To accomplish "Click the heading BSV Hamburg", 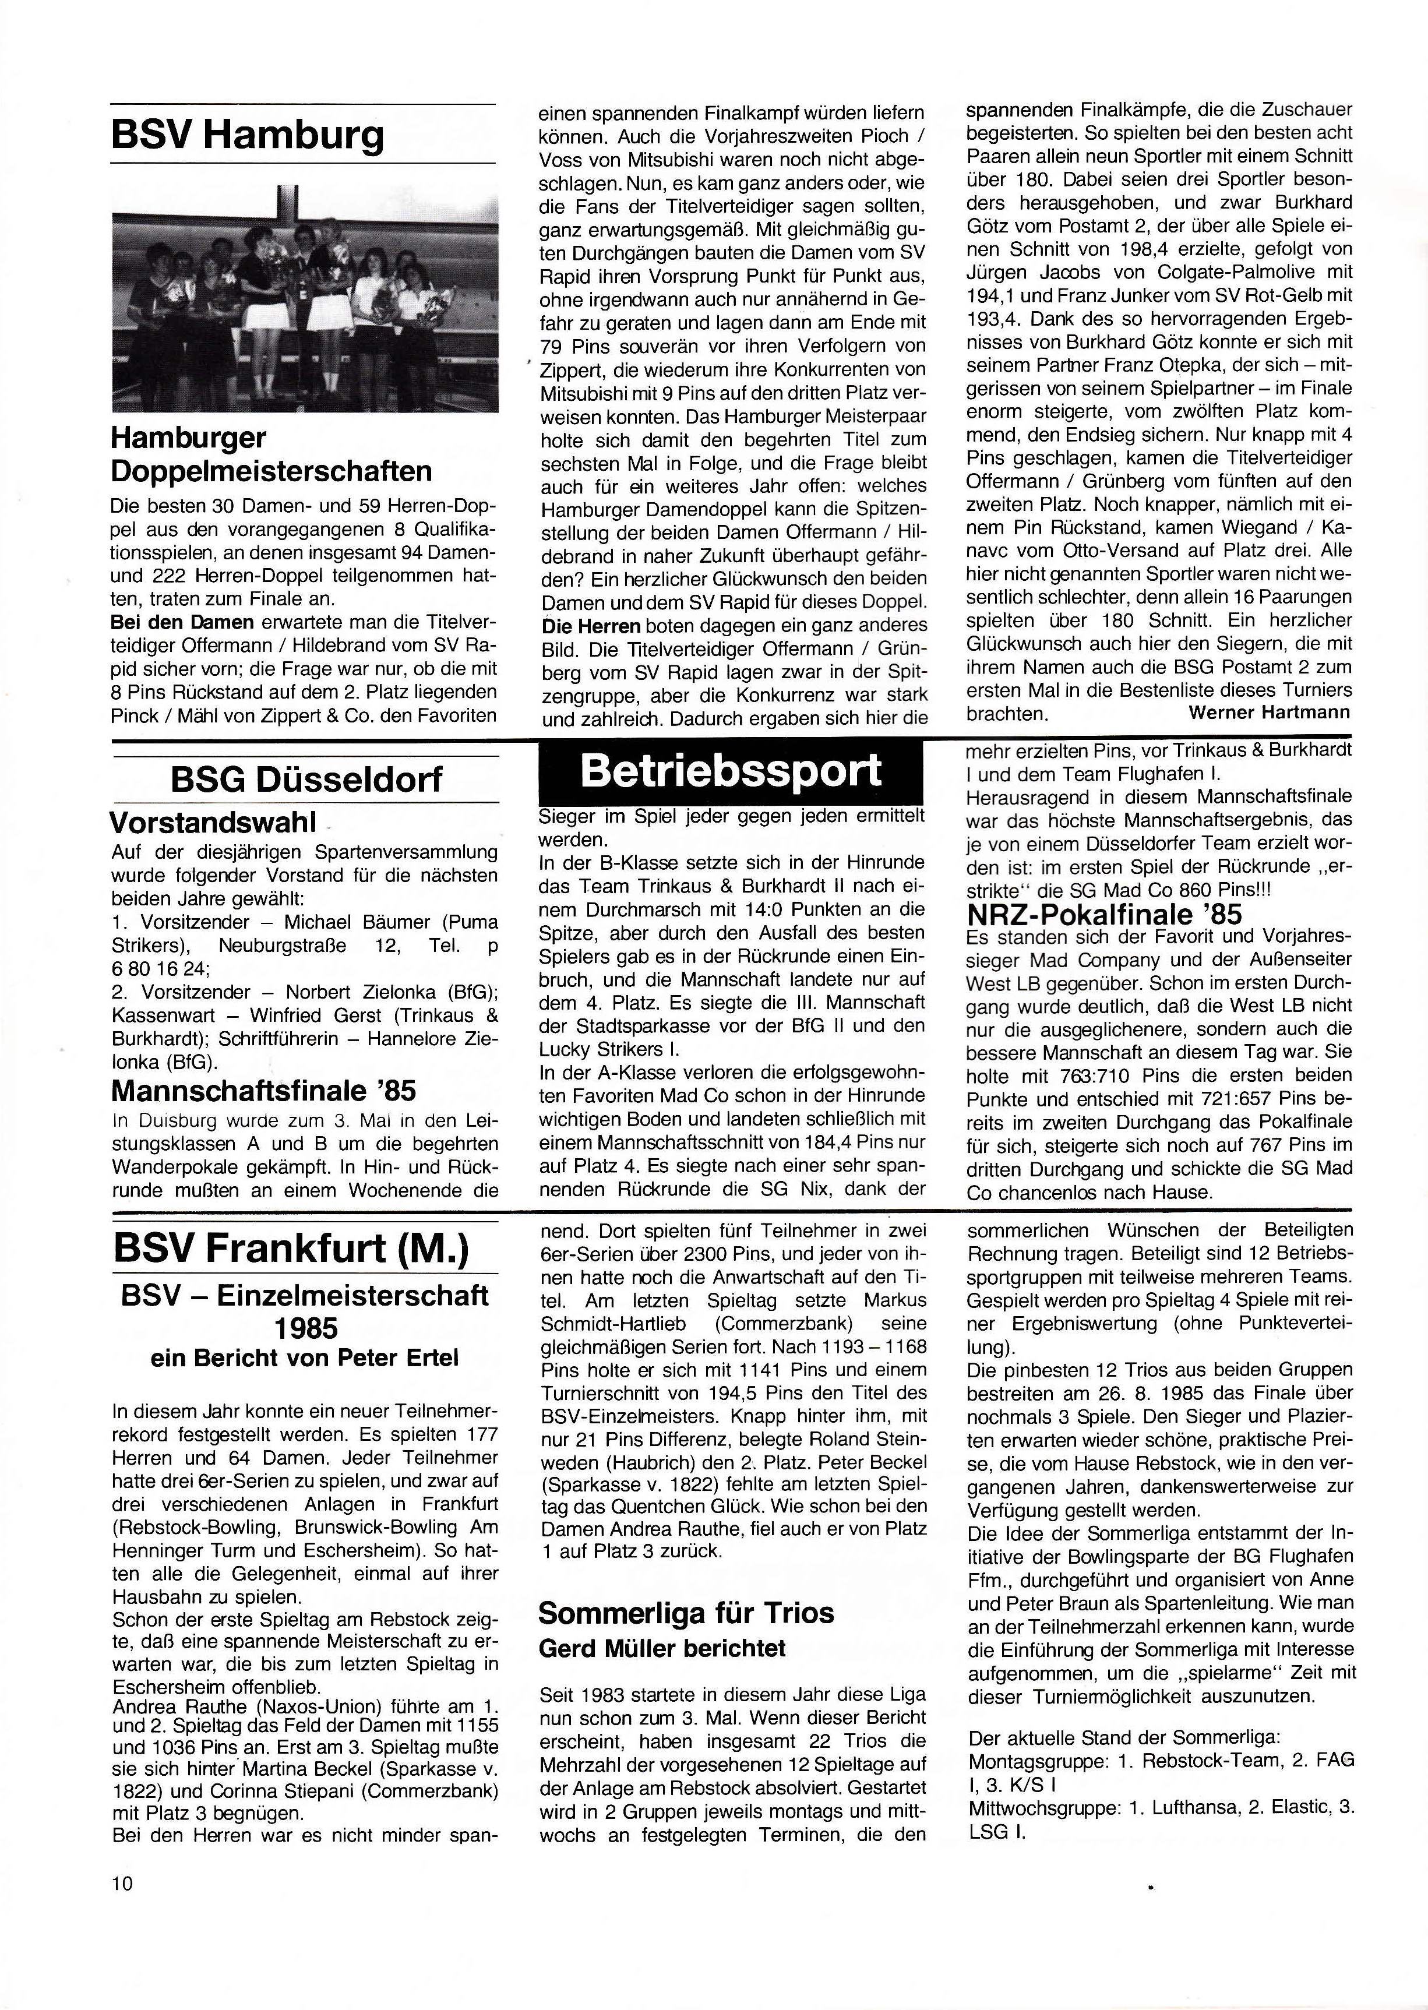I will tap(248, 135).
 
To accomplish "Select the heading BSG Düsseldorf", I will tap(306, 779).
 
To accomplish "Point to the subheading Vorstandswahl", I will tap(212, 823).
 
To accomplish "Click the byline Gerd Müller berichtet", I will tap(661, 1647).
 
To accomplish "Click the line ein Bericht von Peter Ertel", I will tap(304, 1357).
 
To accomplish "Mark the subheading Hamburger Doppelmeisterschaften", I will tap(272, 454).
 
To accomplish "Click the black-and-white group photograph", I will tap(305, 298).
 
